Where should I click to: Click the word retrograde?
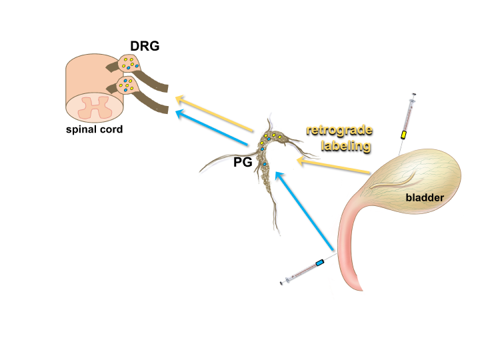339,130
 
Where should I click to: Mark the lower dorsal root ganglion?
126,85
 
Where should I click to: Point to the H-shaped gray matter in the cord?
94,106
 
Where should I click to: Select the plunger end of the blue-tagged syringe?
284,282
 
